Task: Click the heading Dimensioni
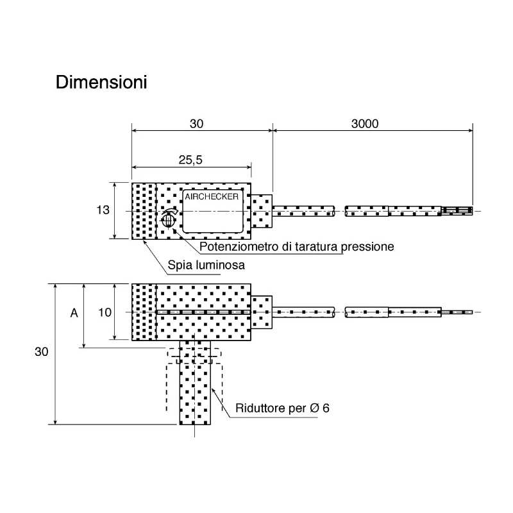point(101,82)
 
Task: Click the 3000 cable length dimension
point(365,124)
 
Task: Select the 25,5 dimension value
point(190,160)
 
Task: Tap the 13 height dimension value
point(103,210)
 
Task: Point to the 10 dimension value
point(105,312)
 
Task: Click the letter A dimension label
point(74,313)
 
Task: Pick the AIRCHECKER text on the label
point(212,197)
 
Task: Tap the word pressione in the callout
point(367,247)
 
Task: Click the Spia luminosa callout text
point(206,265)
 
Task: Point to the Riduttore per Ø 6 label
point(282,408)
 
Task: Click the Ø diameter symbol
point(314,408)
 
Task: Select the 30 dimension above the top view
point(196,124)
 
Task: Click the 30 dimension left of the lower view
point(42,351)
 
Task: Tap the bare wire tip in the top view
point(457,211)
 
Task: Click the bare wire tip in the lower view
point(457,312)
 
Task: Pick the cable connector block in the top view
point(262,211)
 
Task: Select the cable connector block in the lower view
point(262,312)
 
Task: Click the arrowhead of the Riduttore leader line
point(214,390)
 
